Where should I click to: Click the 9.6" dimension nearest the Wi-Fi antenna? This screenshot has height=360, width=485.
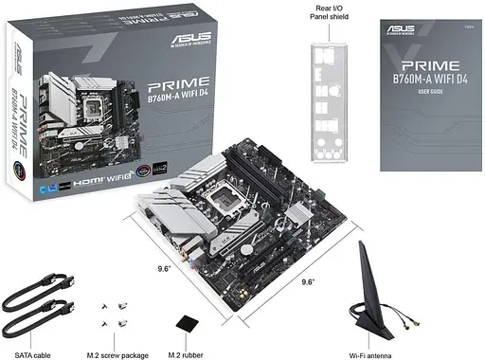point(308,281)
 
